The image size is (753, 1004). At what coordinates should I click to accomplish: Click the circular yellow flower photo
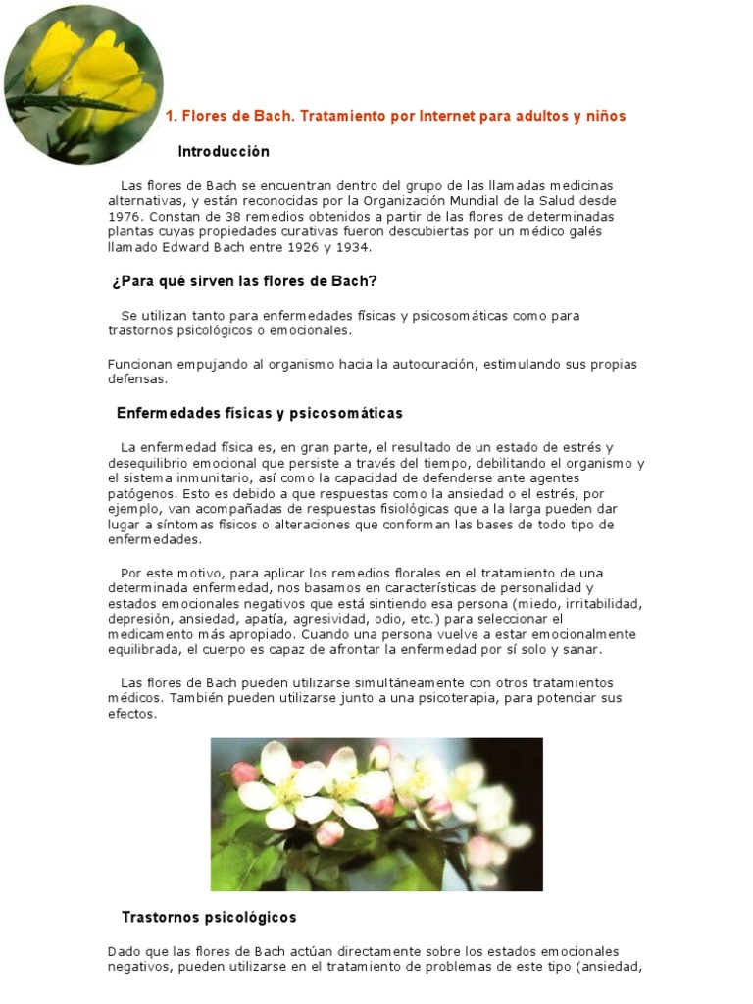(x=83, y=83)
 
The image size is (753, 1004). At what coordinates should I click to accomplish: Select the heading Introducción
(x=224, y=152)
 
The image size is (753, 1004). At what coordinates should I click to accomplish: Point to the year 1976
(x=125, y=216)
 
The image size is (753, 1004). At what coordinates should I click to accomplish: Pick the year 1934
(x=353, y=247)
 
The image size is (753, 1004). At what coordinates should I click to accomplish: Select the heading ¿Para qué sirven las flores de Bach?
(x=245, y=282)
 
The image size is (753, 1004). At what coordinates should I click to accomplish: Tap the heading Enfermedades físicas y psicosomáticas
(x=260, y=413)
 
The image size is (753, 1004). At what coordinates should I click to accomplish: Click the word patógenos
(x=139, y=494)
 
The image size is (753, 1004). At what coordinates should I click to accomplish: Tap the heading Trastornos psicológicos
(x=209, y=918)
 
